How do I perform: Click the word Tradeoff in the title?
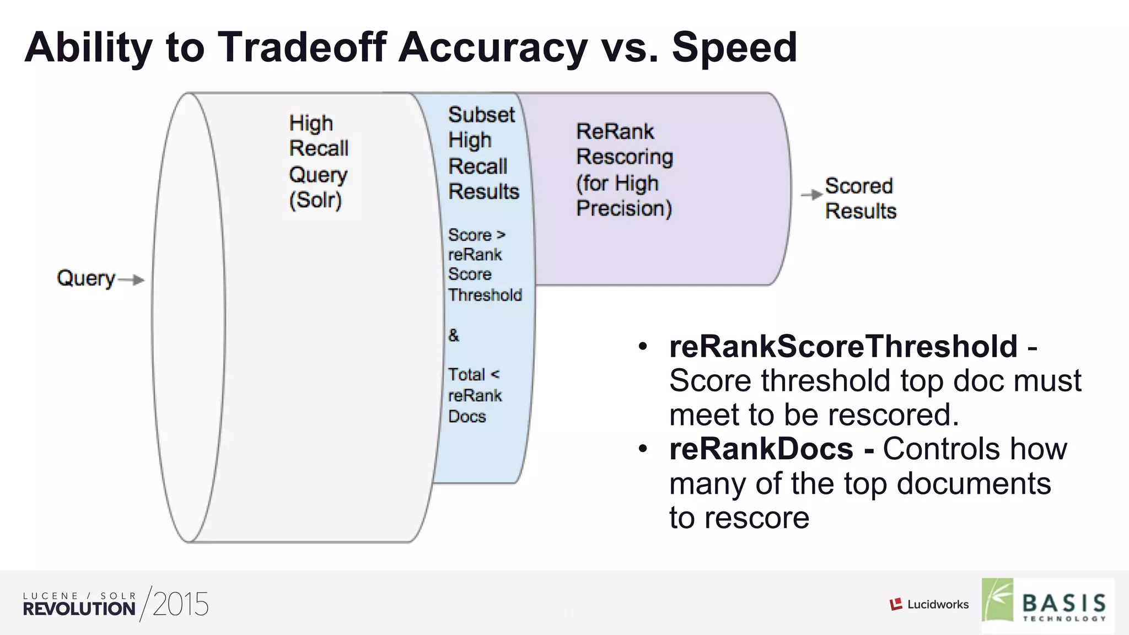point(303,47)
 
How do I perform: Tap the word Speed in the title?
point(734,47)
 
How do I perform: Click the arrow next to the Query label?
point(132,280)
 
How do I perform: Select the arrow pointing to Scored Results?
point(811,195)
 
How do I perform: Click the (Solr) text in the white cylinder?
point(315,200)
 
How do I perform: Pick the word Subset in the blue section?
point(481,115)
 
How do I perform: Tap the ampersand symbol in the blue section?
point(454,335)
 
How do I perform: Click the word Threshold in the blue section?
point(485,295)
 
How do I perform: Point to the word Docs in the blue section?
point(467,416)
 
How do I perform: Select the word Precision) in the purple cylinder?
point(624,208)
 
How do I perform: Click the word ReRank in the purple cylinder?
point(615,132)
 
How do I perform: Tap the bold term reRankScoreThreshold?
point(843,346)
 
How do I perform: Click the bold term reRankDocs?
point(761,449)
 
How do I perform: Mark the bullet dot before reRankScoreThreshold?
point(642,347)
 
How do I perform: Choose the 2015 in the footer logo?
point(180,605)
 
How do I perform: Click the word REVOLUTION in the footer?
point(79,609)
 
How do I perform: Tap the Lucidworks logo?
point(929,605)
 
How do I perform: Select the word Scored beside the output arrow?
point(858,186)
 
